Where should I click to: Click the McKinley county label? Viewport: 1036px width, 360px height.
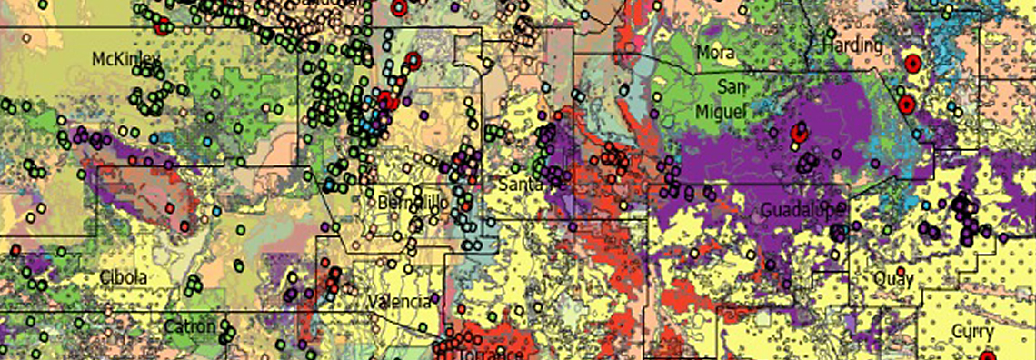pyautogui.click(x=126, y=59)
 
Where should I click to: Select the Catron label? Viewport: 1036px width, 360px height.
pyautogui.click(x=190, y=326)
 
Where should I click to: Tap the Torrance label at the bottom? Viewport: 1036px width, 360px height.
pyautogui.click(x=491, y=353)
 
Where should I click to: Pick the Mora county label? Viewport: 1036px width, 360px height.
pyautogui.click(x=715, y=53)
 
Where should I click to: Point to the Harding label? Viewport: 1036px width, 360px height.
pyautogui.click(x=851, y=45)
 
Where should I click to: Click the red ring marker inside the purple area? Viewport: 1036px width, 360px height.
pyautogui.click(x=799, y=134)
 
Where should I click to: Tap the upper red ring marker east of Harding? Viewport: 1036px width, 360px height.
pyautogui.click(x=912, y=64)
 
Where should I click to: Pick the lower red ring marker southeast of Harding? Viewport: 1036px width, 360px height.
pyautogui.click(x=905, y=104)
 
